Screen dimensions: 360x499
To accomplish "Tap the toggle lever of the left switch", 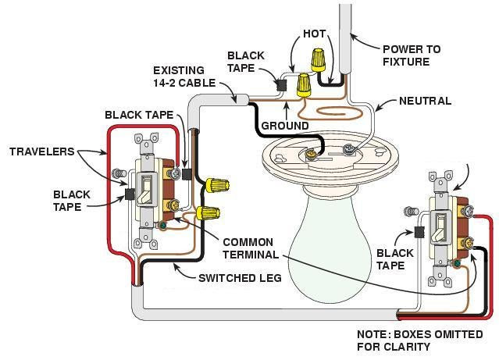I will click(x=145, y=187).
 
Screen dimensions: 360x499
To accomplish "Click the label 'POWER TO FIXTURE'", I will click(x=412, y=55).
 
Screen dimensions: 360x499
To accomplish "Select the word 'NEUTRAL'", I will click(x=425, y=102).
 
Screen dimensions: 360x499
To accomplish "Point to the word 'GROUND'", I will click(x=282, y=125).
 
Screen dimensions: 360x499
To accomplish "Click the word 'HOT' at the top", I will click(x=313, y=34).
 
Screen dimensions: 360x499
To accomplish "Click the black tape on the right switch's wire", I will click(x=419, y=230).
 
